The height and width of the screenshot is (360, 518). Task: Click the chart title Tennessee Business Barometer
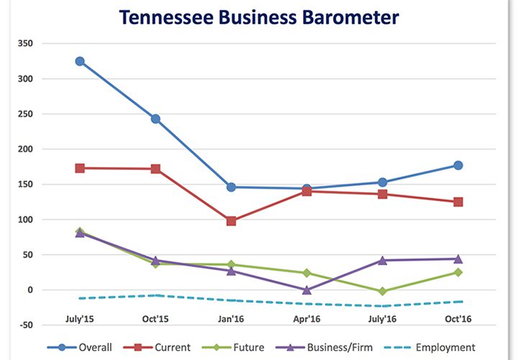coord(258,18)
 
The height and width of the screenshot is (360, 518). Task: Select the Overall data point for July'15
coord(80,61)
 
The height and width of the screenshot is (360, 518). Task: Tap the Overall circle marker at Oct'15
coord(155,119)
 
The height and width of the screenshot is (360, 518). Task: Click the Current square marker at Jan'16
coord(231,221)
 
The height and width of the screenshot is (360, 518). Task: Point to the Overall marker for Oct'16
coord(458,166)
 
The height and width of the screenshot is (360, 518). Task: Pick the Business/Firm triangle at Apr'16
coord(306,289)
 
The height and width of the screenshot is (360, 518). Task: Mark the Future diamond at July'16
coord(382,291)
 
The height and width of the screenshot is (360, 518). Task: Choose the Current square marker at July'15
coord(80,168)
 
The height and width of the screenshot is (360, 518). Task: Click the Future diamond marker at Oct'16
coord(458,272)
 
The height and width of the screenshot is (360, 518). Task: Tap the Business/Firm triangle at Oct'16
coord(458,258)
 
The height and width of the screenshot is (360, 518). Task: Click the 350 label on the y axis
coord(26,43)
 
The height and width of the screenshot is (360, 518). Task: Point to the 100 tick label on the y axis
coord(26,220)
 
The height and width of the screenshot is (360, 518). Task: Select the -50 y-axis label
coord(26,325)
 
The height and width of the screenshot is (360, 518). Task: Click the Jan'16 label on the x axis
coord(231,318)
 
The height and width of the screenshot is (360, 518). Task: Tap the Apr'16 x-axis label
coord(306,318)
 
